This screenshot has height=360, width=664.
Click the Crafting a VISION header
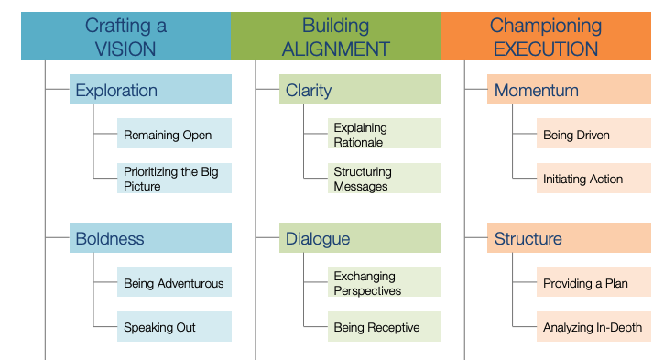(125, 37)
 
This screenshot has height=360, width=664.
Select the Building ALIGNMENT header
(335, 37)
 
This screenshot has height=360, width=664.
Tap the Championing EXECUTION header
(546, 37)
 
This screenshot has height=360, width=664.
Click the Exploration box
(150, 90)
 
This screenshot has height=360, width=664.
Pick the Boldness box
(150, 238)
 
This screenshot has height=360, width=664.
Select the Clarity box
(360, 90)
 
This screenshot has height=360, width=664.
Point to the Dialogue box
(360, 238)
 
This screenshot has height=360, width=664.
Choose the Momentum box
(569, 90)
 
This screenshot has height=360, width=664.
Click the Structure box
(569, 238)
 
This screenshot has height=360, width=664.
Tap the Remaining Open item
(174, 135)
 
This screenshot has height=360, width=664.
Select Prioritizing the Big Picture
(174, 179)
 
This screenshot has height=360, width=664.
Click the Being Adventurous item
(174, 283)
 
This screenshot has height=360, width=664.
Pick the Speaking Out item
(174, 327)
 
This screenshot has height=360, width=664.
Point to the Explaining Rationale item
(384, 135)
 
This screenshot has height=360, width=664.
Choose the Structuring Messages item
(384, 179)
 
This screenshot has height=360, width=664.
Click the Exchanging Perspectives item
(384, 283)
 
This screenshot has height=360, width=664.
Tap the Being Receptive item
(384, 327)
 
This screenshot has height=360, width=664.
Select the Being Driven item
(593, 135)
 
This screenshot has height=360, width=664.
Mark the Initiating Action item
(593, 179)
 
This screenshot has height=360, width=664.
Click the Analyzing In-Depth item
(593, 327)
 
